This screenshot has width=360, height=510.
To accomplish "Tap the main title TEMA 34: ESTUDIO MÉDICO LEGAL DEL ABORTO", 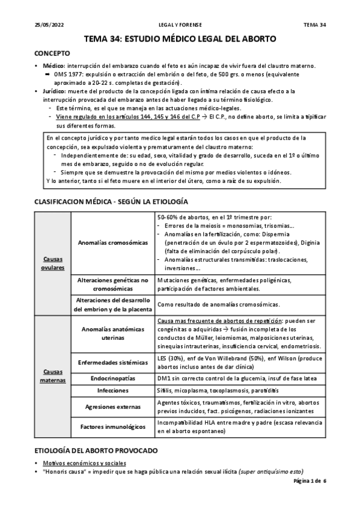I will tap(180, 39).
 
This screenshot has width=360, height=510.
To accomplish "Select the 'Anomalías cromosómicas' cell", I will tap(113, 242).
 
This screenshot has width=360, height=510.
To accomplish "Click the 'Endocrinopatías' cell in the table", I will tap(113, 379).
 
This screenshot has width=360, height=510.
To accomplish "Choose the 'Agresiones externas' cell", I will tap(113, 406).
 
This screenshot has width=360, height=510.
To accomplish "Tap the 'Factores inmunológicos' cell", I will tap(113, 426).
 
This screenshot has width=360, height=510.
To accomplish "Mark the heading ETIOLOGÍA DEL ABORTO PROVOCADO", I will tap(96, 450).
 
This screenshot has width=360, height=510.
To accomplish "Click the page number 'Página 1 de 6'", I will tap(309, 482).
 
